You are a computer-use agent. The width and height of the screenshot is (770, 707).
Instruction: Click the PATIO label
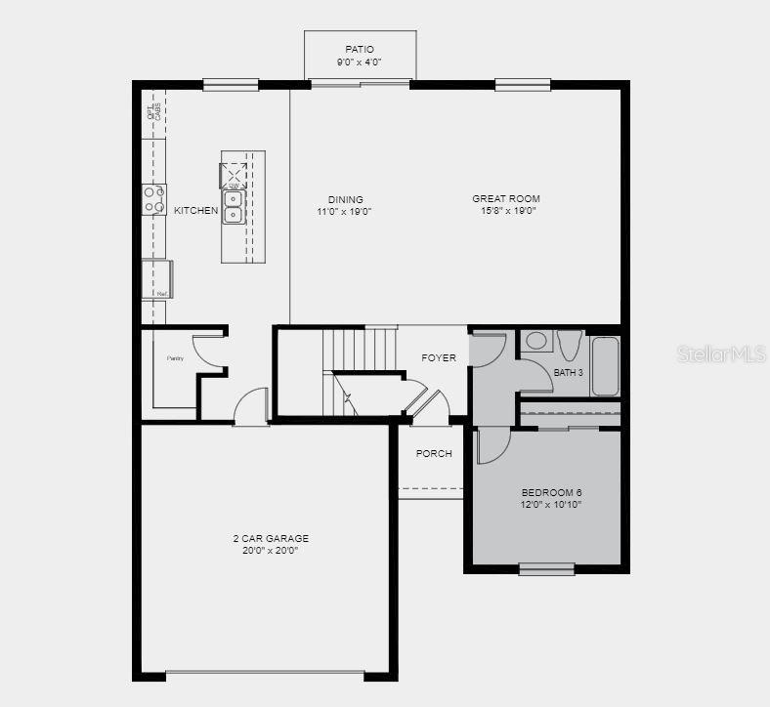(360, 50)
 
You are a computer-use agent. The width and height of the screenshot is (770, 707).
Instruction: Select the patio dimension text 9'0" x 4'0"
(360, 62)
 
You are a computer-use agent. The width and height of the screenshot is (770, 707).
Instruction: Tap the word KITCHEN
(196, 211)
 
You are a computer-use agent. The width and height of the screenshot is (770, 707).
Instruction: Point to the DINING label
(345, 199)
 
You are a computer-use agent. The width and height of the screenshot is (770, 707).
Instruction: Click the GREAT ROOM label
(506, 199)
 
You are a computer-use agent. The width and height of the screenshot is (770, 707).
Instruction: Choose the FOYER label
(439, 358)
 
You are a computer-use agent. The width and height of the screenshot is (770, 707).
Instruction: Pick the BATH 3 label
(569, 373)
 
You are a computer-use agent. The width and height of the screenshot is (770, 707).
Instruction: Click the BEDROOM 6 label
(552, 492)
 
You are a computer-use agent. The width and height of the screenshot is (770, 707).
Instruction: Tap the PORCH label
(434, 453)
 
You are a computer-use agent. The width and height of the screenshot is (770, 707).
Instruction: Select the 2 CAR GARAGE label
(271, 538)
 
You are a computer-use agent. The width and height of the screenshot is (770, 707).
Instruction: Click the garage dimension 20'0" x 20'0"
(271, 551)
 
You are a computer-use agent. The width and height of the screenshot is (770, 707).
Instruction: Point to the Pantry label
(175, 358)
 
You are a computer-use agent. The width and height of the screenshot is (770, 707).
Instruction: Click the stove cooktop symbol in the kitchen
(154, 199)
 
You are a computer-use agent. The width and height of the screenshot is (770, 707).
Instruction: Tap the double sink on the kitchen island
(234, 207)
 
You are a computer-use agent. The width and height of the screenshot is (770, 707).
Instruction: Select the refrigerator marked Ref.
(157, 279)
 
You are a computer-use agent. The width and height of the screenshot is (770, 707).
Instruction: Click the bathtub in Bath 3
(605, 366)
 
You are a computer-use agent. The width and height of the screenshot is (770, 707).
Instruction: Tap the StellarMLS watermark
(721, 353)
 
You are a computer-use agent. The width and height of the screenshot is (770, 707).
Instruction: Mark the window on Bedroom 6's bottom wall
(545, 568)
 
